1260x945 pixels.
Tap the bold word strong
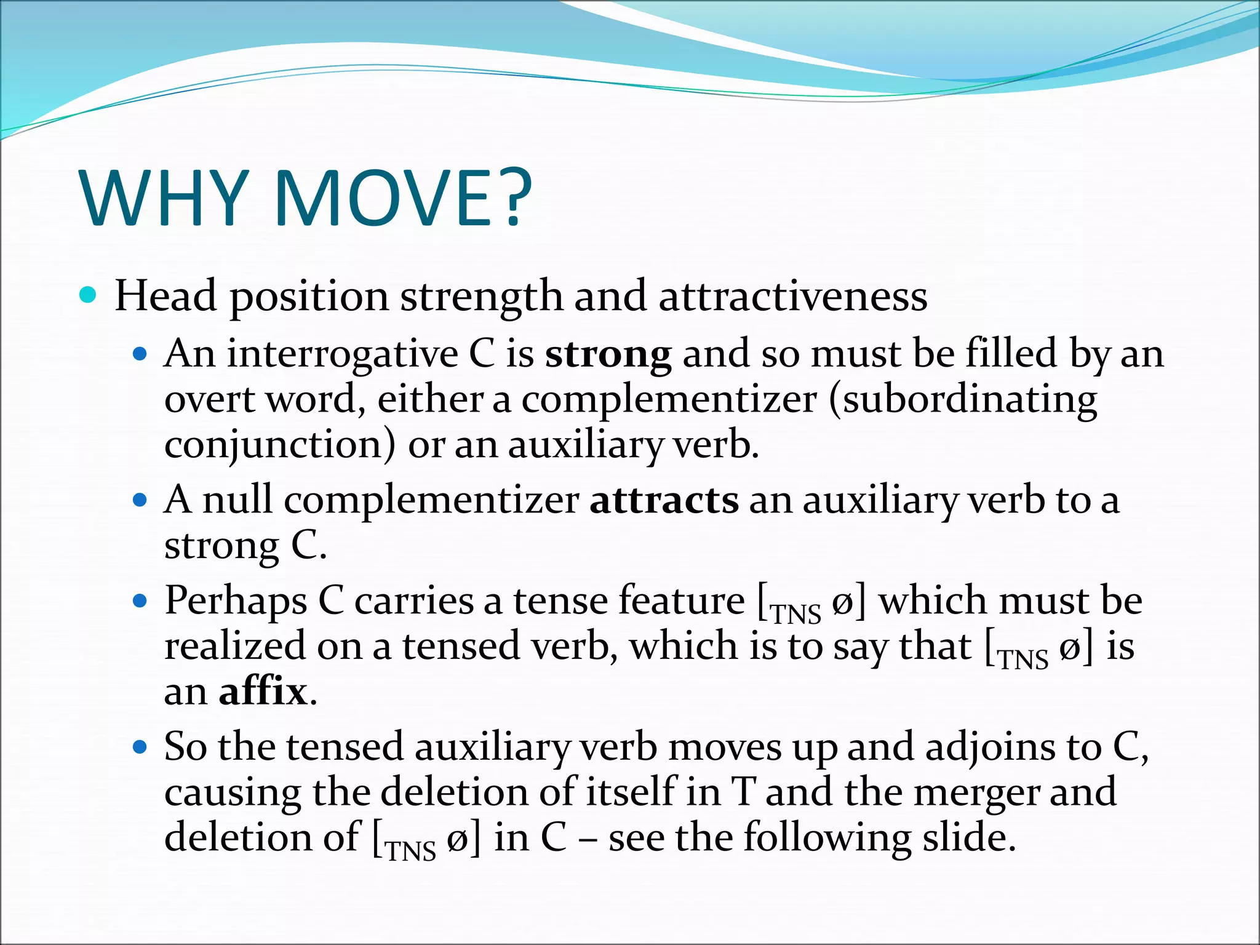point(608,355)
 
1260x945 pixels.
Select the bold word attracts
point(664,500)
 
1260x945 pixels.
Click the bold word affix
point(263,692)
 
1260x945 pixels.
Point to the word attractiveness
point(793,297)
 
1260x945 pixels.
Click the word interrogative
point(342,355)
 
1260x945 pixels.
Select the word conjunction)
point(280,445)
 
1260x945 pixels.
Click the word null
point(237,500)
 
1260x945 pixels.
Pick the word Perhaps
point(235,602)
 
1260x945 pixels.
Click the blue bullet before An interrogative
point(140,355)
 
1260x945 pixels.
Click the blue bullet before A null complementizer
point(140,500)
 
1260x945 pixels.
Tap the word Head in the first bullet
point(165,297)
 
